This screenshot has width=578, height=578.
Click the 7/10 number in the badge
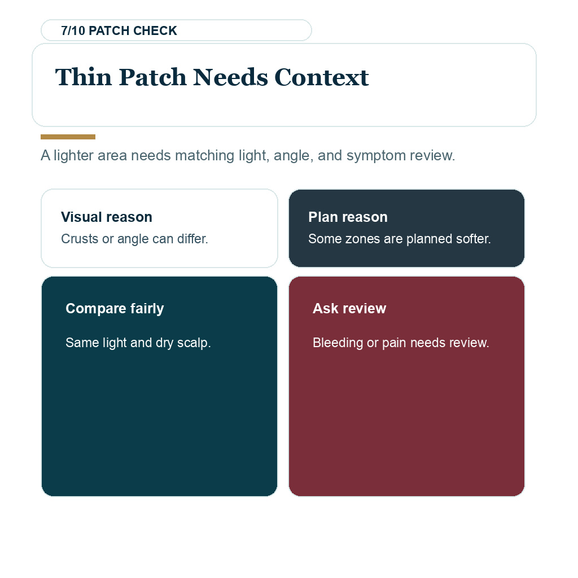[x=73, y=30]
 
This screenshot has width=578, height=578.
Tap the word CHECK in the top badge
[x=155, y=30]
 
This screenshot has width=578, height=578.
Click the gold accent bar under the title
[x=68, y=137]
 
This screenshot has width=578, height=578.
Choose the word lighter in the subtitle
[x=74, y=156]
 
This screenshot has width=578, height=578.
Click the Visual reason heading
[x=107, y=217]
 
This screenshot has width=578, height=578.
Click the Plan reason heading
[x=348, y=217]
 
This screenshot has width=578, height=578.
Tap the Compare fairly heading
[x=115, y=309]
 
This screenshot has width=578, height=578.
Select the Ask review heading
[x=349, y=309]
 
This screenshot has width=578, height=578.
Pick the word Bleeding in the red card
[x=338, y=343]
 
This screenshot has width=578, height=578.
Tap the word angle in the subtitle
[x=294, y=156]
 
